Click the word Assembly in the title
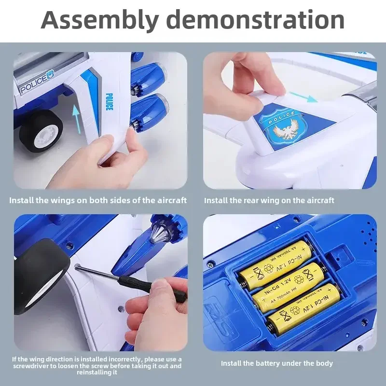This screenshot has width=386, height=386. click(x=100, y=20)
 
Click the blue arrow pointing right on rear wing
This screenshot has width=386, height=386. click(x=303, y=96)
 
